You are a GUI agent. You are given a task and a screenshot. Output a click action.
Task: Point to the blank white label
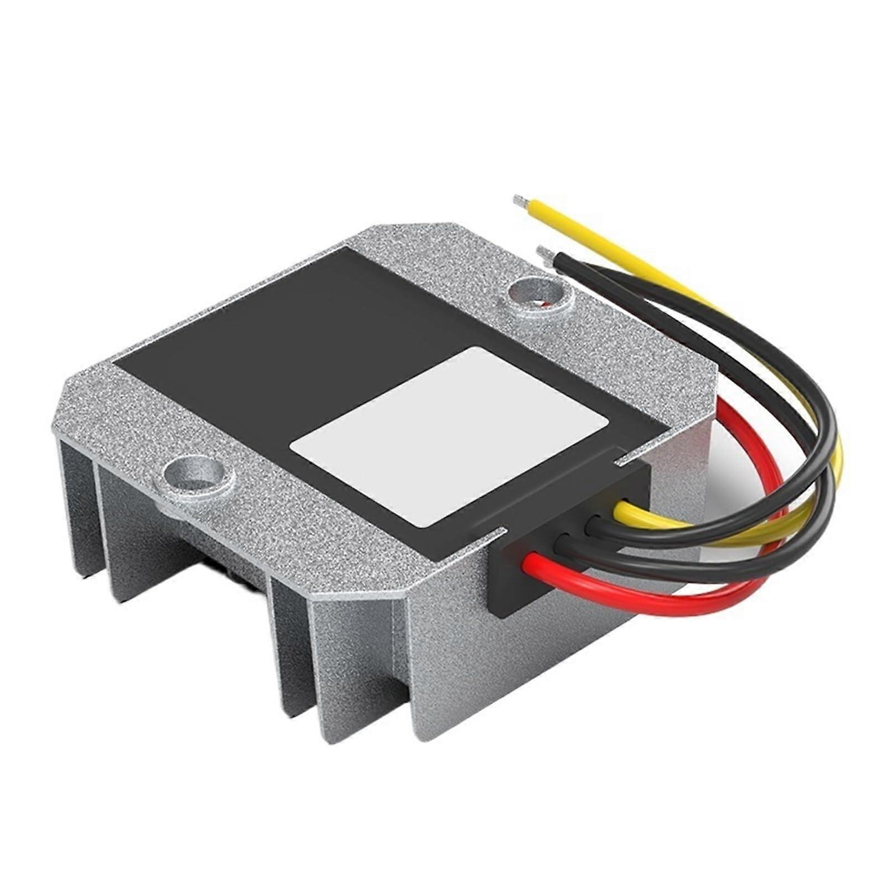[449, 437]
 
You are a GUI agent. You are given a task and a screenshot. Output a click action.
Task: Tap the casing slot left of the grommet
[487, 534]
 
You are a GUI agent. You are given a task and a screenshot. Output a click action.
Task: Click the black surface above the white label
[310, 332]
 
